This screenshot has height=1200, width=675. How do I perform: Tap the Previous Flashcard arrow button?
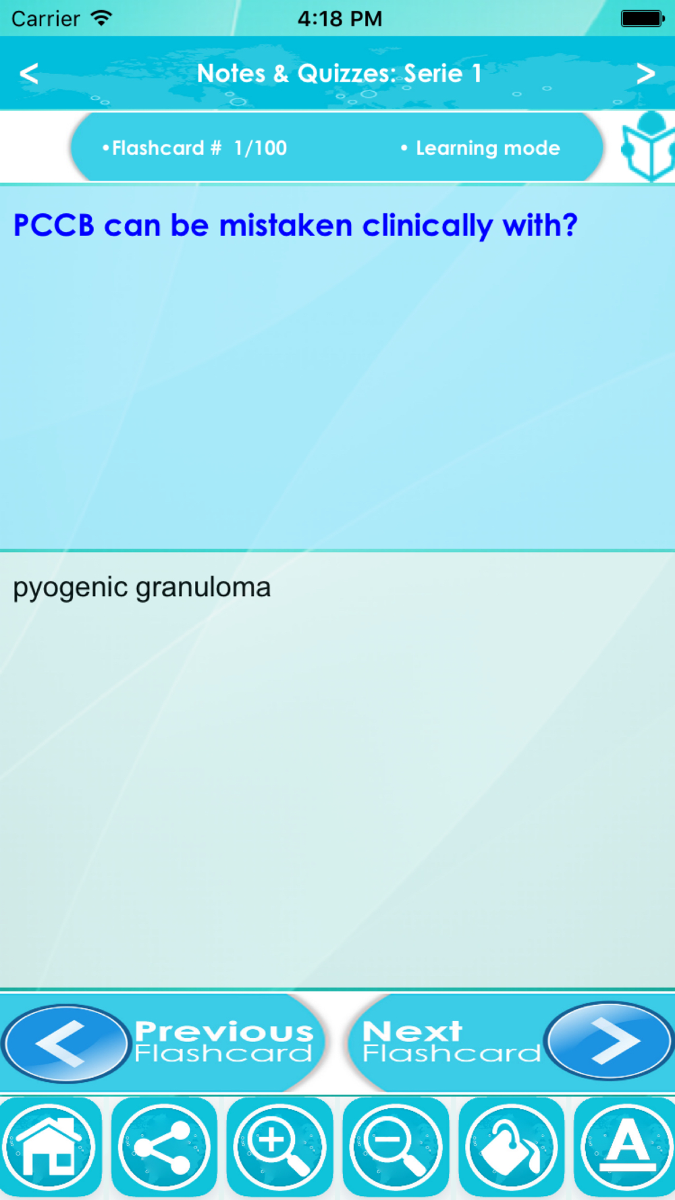tap(65, 1043)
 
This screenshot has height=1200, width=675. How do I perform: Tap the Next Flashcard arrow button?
tap(608, 1041)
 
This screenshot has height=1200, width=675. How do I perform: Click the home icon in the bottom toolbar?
tap(49, 1146)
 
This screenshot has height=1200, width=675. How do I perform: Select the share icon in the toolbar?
tap(164, 1146)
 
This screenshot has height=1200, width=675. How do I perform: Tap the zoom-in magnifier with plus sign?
tap(279, 1146)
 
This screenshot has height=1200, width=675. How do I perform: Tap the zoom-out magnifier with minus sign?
tap(396, 1146)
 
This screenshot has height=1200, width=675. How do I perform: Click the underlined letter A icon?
tap(626, 1146)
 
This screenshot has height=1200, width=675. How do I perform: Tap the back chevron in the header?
tap(29, 73)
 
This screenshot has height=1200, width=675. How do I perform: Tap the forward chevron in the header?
tap(645, 73)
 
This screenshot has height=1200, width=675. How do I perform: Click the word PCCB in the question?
tap(54, 225)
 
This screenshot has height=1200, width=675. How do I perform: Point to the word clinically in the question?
tap(427, 225)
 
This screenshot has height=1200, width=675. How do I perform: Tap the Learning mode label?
tap(487, 148)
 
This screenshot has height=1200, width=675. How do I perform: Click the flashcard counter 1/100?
tap(261, 148)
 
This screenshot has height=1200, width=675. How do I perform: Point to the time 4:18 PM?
tap(340, 18)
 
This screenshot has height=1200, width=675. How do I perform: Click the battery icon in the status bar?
tap(643, 18)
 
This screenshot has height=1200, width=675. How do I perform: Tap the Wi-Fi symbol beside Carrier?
tap(101, 18)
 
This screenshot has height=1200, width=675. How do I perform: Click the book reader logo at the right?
tap(649, 146)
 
